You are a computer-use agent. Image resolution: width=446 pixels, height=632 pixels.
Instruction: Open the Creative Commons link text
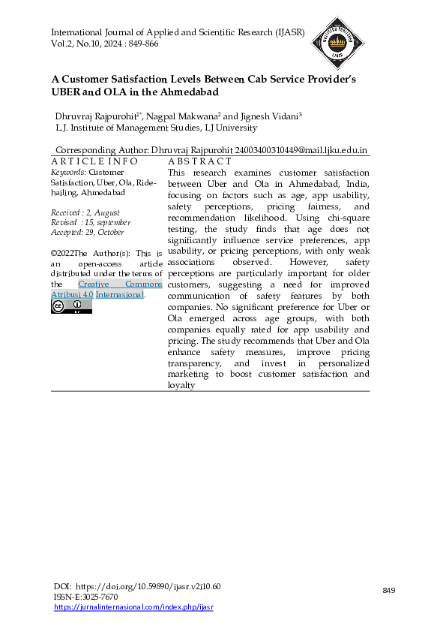click(120, 284)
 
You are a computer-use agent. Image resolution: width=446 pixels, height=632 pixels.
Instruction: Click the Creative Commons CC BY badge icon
click(71, 306)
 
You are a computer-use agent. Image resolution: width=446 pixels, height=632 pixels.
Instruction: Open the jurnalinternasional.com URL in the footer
click(133, 606)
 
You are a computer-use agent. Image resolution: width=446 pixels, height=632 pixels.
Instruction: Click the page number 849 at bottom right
click(388, 591)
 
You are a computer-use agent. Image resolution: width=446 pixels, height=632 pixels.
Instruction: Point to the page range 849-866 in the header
click(140, 44)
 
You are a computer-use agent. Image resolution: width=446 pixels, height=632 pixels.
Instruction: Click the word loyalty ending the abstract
click(181, 385)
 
